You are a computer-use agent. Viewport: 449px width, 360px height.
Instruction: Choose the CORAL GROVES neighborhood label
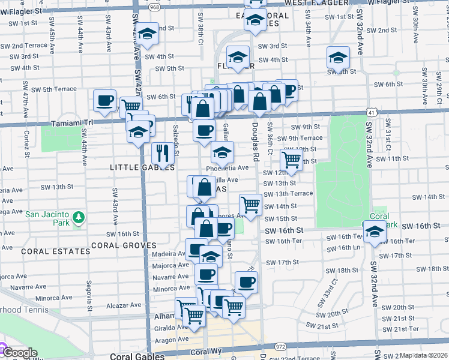pyautogui.click(x=124, y=245)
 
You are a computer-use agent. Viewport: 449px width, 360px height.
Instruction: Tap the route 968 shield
pyautogui.click(x=154, y=7)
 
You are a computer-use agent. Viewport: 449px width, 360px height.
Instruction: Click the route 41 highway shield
pyautogui.click(x=373, y=112)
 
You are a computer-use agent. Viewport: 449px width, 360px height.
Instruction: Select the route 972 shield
pyautogui.click(x=280, y=347)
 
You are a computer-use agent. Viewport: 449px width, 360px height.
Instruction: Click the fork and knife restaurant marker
pyautogui.click(x=162, y=154)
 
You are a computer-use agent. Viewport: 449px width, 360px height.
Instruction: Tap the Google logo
pyautogui.click(x=19, y=353)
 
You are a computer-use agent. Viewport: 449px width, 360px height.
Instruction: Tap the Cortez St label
pyautogui.click(x=26, y=144)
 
